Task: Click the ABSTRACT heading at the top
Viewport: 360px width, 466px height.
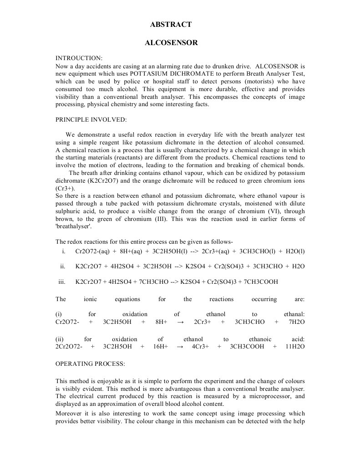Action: point(171,25)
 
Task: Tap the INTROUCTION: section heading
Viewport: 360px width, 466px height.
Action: point(79,58)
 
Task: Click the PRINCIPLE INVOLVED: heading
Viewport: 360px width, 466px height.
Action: point(91,119)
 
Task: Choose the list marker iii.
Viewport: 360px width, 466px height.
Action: point(62,282)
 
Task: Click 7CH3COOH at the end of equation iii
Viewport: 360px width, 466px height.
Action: point(261,282)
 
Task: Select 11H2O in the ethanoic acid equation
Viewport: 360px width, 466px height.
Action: point(295,347)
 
